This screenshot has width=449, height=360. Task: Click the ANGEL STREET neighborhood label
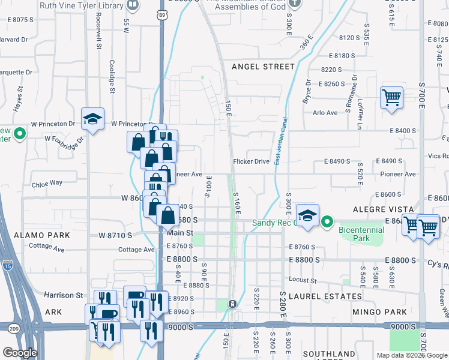click(x=263, y=67)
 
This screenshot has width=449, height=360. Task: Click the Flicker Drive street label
click(x=252, y=161)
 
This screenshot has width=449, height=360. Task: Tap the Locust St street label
click(x=303, y=280)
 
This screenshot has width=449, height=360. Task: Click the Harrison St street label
click(x=63, y=295)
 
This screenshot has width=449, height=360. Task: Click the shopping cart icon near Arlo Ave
click(x=391, y=97)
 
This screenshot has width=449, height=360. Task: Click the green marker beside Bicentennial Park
click(x=327, y=223)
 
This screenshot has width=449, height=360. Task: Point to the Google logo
click(x=20, y=353)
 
